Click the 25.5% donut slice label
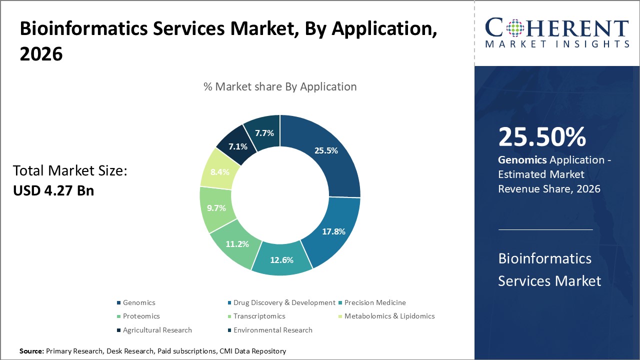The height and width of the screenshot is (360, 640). (x=325, y=150)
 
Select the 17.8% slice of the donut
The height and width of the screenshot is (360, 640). (x=333, y=231)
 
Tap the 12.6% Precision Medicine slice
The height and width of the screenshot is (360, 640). (x=281, y=260)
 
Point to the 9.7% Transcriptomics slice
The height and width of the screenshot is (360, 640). (x=216, y=207)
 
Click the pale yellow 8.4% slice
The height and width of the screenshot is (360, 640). (x=219, y=172)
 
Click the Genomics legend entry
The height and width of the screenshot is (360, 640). (x=139, y=302)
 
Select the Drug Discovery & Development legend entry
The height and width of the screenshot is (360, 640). (x=284, y=302)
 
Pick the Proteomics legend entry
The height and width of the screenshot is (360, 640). (x=141, y=316)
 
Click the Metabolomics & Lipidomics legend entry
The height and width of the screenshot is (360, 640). (x=389, y=316)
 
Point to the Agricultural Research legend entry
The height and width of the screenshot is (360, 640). (x=157, y=330)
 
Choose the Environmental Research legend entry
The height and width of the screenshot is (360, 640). (x=272, y=330)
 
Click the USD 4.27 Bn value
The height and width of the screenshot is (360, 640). (x=53, y=190)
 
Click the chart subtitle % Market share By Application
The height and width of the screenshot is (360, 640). (x=280, y=86)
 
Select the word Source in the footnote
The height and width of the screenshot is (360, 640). (x=31, y=351)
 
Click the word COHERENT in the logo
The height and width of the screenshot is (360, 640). (x=556, y=28)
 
